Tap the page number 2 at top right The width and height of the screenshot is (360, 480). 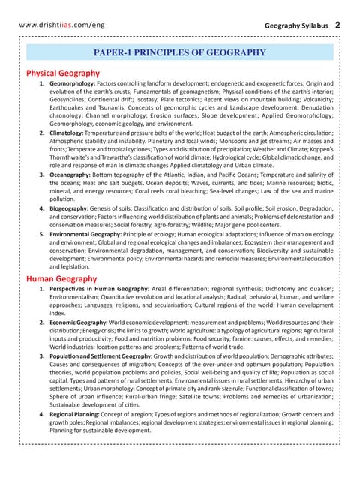(338, 25)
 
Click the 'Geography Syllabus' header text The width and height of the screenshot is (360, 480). (296, 25)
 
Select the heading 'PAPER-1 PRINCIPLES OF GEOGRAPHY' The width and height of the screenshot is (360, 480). (179, 52)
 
